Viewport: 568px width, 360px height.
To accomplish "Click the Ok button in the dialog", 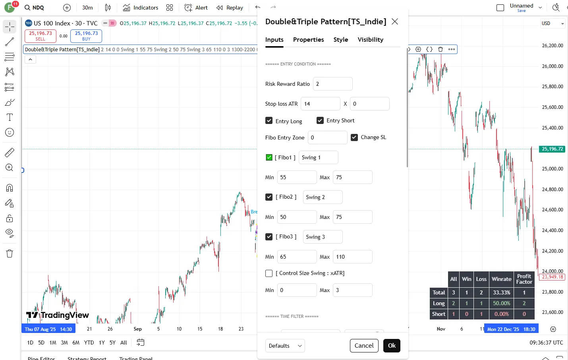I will pos(392,346).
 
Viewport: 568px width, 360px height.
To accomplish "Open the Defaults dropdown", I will pos(285,346).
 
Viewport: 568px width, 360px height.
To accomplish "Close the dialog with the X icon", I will pos(394,21).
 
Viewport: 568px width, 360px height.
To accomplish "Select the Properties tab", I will pos(308,40).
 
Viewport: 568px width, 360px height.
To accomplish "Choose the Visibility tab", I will pos(370,40).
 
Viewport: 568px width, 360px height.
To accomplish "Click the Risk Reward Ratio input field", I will pos(332,84).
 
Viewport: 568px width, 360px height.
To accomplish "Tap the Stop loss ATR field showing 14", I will pos(320,104).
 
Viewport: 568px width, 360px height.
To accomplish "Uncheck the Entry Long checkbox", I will pos(269,121).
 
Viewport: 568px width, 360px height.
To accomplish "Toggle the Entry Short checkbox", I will pos(320,120).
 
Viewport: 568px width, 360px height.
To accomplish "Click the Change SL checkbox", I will pos(354,137).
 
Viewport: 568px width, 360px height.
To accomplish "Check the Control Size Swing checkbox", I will pos(269,273).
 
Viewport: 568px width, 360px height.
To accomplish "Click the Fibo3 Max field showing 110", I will pos(352,257).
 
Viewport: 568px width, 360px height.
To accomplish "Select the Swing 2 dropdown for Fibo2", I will pos(323,197).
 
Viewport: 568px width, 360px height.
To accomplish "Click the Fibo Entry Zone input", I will pos(327,137).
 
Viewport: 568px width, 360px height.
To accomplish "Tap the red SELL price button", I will pos(41,36).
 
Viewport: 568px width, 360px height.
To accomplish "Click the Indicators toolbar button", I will pos(141,8).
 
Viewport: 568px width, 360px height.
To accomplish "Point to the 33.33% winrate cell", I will pos(501,292).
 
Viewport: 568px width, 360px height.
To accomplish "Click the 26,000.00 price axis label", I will pos(552,66).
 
